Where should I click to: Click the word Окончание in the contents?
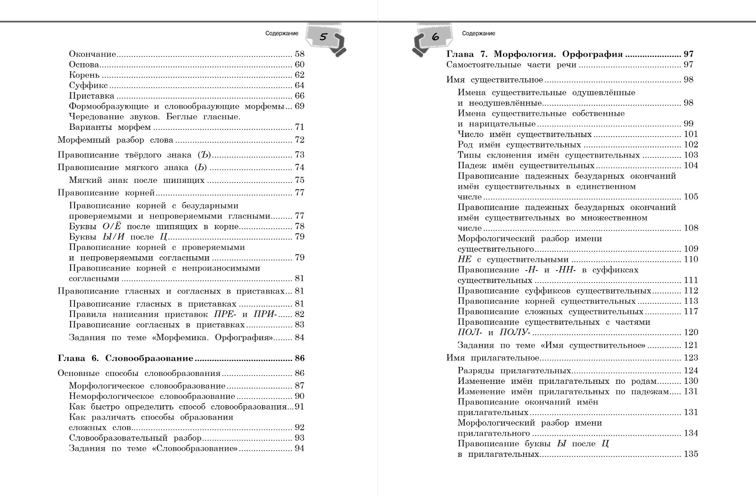(x=93, y=54)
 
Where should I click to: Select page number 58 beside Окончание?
(x=299, y=54)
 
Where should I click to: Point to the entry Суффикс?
(x=88, y=85)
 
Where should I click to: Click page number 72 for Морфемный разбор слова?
(x=299, y=140)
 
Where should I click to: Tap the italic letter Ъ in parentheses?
(x=204, y=155)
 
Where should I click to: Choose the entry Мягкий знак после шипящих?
(x=137, y=180)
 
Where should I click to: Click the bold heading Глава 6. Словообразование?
(x=125, y=358)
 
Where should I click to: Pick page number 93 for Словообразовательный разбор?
(x=299, y=438)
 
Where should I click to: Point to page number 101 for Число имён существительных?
(x=691, y=134)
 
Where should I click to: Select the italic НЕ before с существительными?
(x=464, y=259)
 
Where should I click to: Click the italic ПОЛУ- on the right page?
(x=515, y=333)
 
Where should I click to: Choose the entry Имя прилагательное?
(x=493, y=358)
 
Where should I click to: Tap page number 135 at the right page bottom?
(x=691, y=454)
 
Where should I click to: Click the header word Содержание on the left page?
(x=282, y=33)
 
